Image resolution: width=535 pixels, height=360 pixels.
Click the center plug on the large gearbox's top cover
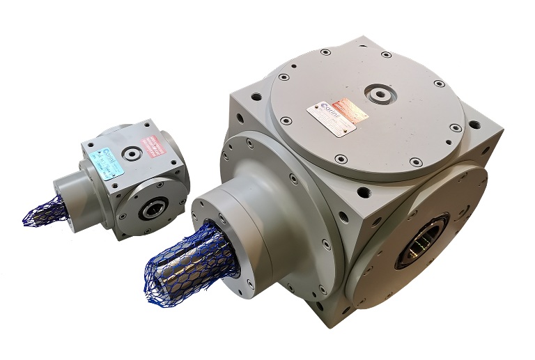(380, 93)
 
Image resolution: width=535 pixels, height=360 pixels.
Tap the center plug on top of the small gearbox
(132, 152)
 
